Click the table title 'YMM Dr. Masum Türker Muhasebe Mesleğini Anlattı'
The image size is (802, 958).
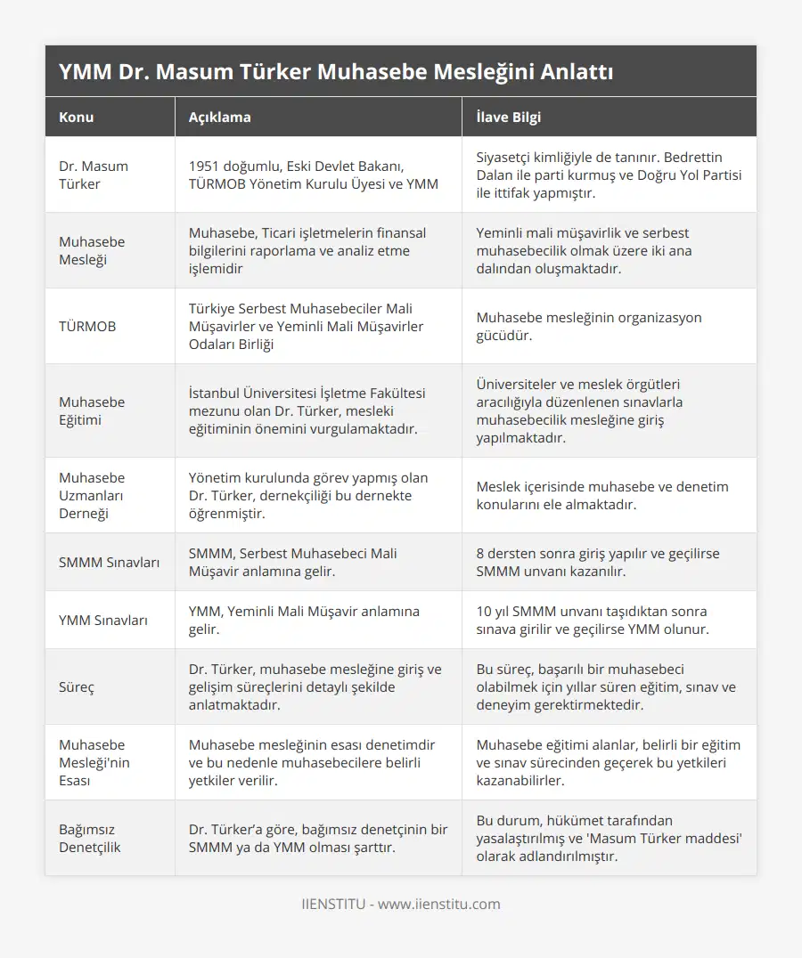click(335, 72)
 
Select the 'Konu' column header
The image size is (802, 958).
click(77, 118)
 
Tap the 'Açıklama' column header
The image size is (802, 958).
click(219, 118)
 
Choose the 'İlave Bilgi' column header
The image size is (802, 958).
click(508, 118)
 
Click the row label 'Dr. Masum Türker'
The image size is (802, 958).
click(94, 175)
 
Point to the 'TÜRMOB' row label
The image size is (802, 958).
click(87, 327)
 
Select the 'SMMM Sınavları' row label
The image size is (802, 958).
click(110, 563)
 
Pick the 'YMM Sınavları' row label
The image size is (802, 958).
click(103, 621)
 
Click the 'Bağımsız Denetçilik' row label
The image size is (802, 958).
click(90, 839)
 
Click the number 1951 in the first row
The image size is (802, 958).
click(206, 166)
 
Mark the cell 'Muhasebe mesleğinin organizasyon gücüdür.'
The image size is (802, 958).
click(589, 327)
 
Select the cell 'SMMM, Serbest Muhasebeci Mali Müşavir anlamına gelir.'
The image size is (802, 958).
click(293, 563)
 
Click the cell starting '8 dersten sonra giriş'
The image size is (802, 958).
click(598, 563)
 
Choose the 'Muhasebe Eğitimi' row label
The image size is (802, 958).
click(92, 411)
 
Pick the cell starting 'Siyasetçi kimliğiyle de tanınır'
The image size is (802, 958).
click(609, 175)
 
